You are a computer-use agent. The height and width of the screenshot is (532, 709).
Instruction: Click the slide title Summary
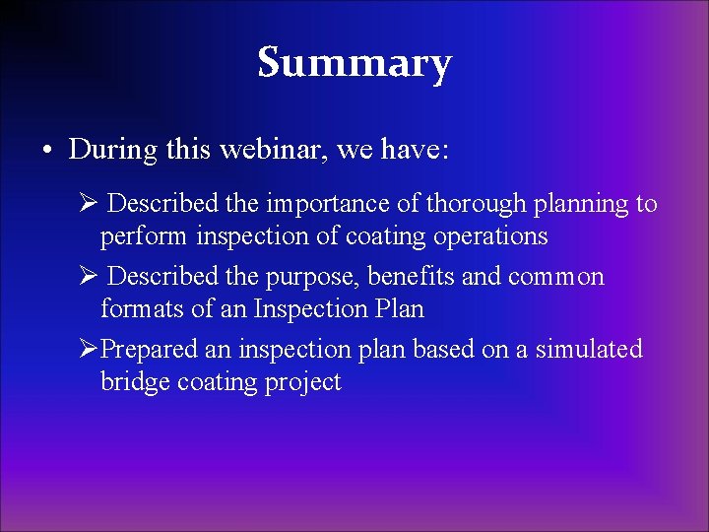point(354,63)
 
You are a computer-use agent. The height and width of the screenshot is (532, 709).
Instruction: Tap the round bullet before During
point(46,151)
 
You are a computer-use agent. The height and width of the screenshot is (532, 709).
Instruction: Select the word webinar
point(279,150)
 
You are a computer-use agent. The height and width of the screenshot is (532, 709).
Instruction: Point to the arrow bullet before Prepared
point(89,350)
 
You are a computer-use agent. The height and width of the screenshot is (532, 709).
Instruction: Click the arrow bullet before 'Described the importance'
point(89,204)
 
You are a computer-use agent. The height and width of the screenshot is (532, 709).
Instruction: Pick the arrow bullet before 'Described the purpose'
point(89,277)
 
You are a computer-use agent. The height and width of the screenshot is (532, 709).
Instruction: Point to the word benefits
point(412,277)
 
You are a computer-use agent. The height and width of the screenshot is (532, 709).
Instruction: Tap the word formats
point(134,309)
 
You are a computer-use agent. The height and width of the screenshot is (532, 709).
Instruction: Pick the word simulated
point(589,350)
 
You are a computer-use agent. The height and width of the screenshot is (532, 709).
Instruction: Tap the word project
point(301,383)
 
